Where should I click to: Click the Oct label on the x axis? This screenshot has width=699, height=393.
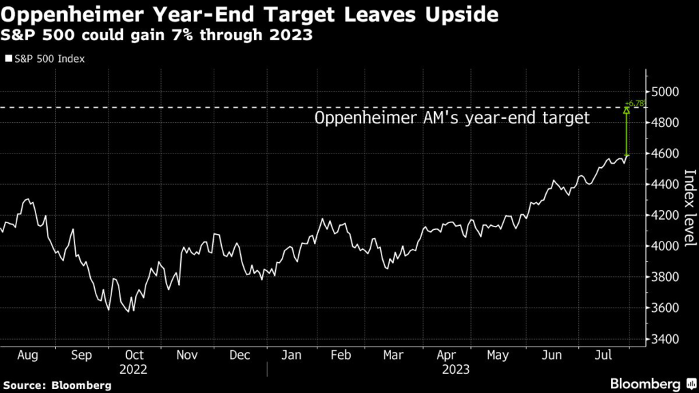click(x=134, y=355)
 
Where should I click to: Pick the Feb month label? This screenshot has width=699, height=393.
click(x=341, y=355)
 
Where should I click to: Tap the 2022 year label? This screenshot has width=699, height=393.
click(x=134, y=369)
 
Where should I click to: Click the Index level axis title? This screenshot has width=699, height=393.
click(x=689, y=208)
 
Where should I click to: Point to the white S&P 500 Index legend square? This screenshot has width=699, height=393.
click(x=8, y=59)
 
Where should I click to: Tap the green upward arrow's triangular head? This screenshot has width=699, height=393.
click(x=627, y=110)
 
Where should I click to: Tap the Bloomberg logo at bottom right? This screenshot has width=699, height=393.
click(x=645, y=383)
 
